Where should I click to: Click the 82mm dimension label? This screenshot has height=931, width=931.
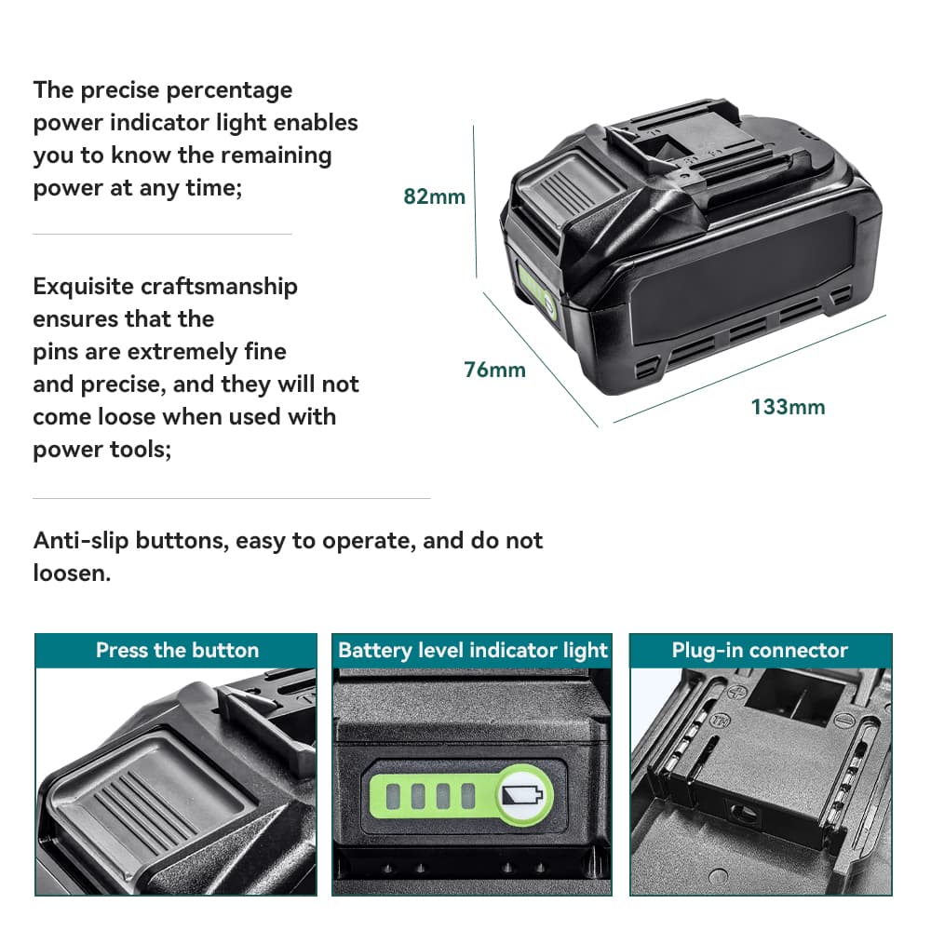pyautogui.click(x=434, y=196)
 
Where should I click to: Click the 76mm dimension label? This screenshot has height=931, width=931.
pyautogui.click(x=494, y=370)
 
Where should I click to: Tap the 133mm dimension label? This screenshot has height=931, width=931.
pyautogui.click(x=788, y=407)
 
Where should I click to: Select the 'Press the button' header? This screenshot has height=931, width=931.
pyautogui.click(x=177, y=650)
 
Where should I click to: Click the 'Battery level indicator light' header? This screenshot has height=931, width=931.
pyautogui.click(x=472, y=650)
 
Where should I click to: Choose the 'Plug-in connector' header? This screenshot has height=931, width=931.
pyautogui.click(x=760, y=650)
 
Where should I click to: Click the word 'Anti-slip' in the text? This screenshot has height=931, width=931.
pyautogui.click(x=80, y=540)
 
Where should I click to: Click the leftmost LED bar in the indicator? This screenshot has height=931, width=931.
pyautogui.click(x=394, y=795)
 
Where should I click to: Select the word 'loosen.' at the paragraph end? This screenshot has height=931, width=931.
pyautogui.click(x=72, y=573)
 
